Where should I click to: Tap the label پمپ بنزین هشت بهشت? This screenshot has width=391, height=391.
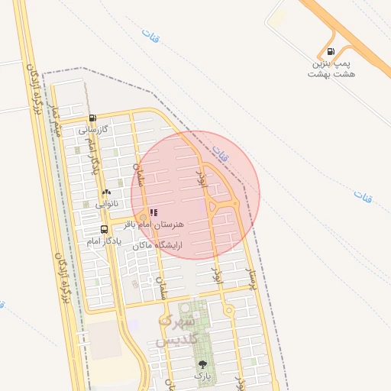click(x=331, y=68)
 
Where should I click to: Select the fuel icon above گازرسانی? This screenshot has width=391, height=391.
click(x=92, y=118)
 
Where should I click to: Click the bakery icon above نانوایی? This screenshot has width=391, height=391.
click(x=106, y=192)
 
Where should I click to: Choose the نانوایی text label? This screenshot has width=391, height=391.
click(x=106, y=205)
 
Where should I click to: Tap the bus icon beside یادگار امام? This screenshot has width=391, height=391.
click(x=104, y=229)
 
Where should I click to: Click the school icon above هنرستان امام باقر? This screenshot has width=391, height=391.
click(x=153, y=212)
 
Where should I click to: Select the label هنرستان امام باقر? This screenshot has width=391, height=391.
click(x=162, y=225)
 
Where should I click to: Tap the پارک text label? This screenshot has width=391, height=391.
click(x=202, y=376)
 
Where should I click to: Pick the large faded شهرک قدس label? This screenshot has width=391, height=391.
click(x=176, y=329)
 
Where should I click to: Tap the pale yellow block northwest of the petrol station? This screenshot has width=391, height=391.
click(x=277, y=17)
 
